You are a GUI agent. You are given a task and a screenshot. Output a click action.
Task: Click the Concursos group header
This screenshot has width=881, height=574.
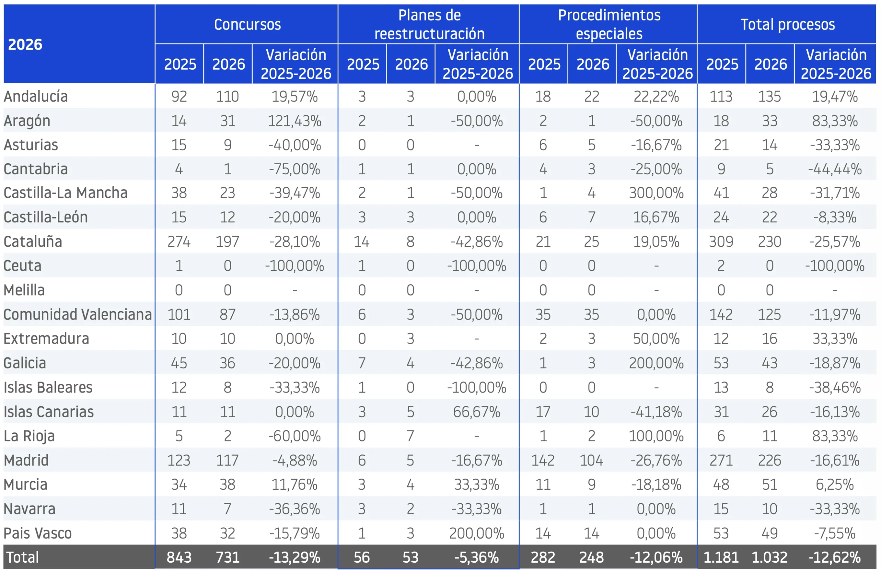coord(247,24)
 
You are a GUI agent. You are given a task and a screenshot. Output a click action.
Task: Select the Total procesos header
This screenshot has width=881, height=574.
coord(788,24)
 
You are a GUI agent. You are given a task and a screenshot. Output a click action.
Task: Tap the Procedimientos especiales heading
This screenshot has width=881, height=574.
coord(609,24)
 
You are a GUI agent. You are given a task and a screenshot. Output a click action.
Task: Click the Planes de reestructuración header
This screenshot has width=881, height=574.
coord(429,24)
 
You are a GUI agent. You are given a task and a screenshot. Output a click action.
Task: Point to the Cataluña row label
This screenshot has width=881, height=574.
coord(33,241)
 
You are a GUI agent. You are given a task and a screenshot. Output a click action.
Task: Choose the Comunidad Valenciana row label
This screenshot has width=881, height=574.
coord(78,314)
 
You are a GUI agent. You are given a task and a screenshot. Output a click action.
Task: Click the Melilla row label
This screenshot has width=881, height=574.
coord(24,290)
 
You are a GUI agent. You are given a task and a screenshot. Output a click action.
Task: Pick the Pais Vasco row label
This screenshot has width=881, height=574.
coord(38,533)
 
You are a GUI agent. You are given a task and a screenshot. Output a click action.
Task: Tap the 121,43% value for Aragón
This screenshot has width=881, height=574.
coord(295,121)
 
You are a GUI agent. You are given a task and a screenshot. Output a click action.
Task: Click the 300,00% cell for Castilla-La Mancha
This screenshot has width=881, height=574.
coord(656,193)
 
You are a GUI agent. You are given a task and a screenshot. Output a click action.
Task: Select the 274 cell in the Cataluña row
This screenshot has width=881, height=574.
coord(179,242)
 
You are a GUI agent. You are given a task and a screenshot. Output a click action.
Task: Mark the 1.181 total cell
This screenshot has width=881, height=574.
coord(721,557)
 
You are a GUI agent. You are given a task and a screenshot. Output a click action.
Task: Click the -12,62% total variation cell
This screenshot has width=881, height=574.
coord(835,557)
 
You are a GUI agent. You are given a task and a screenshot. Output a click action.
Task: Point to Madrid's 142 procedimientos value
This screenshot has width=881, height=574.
coord(543,460)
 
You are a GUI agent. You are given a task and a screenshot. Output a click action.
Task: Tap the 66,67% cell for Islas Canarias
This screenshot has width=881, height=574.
coord(477,412)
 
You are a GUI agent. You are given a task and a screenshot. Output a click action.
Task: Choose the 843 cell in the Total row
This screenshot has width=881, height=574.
coord(179,557)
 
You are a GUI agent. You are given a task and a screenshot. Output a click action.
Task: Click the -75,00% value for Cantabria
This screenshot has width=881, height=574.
coord(295,169)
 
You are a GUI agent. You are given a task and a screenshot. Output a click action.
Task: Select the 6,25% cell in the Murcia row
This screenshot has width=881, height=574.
coord(835,485)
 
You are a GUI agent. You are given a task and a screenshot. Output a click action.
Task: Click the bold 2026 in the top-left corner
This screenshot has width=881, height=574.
coord(25,44)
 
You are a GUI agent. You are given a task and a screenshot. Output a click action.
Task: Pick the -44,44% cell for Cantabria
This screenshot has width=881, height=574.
coord(835,169)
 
